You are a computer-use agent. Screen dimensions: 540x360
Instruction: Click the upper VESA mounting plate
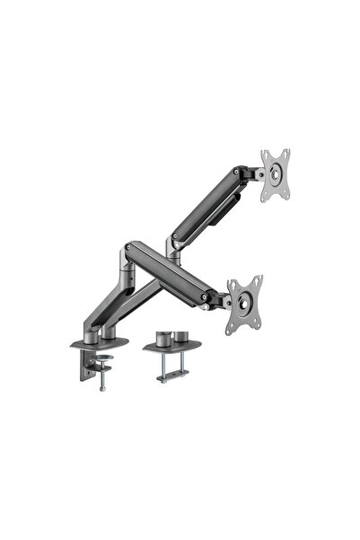277,175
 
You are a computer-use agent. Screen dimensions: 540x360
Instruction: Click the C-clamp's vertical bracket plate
87,361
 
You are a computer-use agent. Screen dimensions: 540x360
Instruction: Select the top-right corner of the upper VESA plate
287,152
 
